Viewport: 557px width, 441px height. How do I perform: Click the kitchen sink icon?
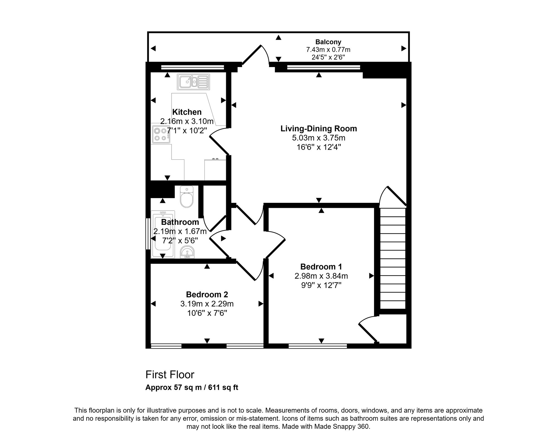[193, 82]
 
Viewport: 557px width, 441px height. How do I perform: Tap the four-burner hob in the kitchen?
[161, 134]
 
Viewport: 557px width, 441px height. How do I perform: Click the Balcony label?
[328, 42]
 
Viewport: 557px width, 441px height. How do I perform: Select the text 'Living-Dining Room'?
[319, 129]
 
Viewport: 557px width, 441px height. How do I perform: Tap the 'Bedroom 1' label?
[321, 267]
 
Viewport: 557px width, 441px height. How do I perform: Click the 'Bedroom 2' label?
[207, 294]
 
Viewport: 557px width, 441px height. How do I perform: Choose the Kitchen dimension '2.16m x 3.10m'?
[187, 121]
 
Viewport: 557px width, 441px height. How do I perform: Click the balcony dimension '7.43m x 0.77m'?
[328, 50]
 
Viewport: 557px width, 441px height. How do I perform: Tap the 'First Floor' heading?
[170, 375]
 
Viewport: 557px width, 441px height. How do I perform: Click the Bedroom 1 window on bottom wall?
[318, 346]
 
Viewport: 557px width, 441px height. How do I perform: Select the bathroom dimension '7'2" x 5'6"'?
[180, 240]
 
